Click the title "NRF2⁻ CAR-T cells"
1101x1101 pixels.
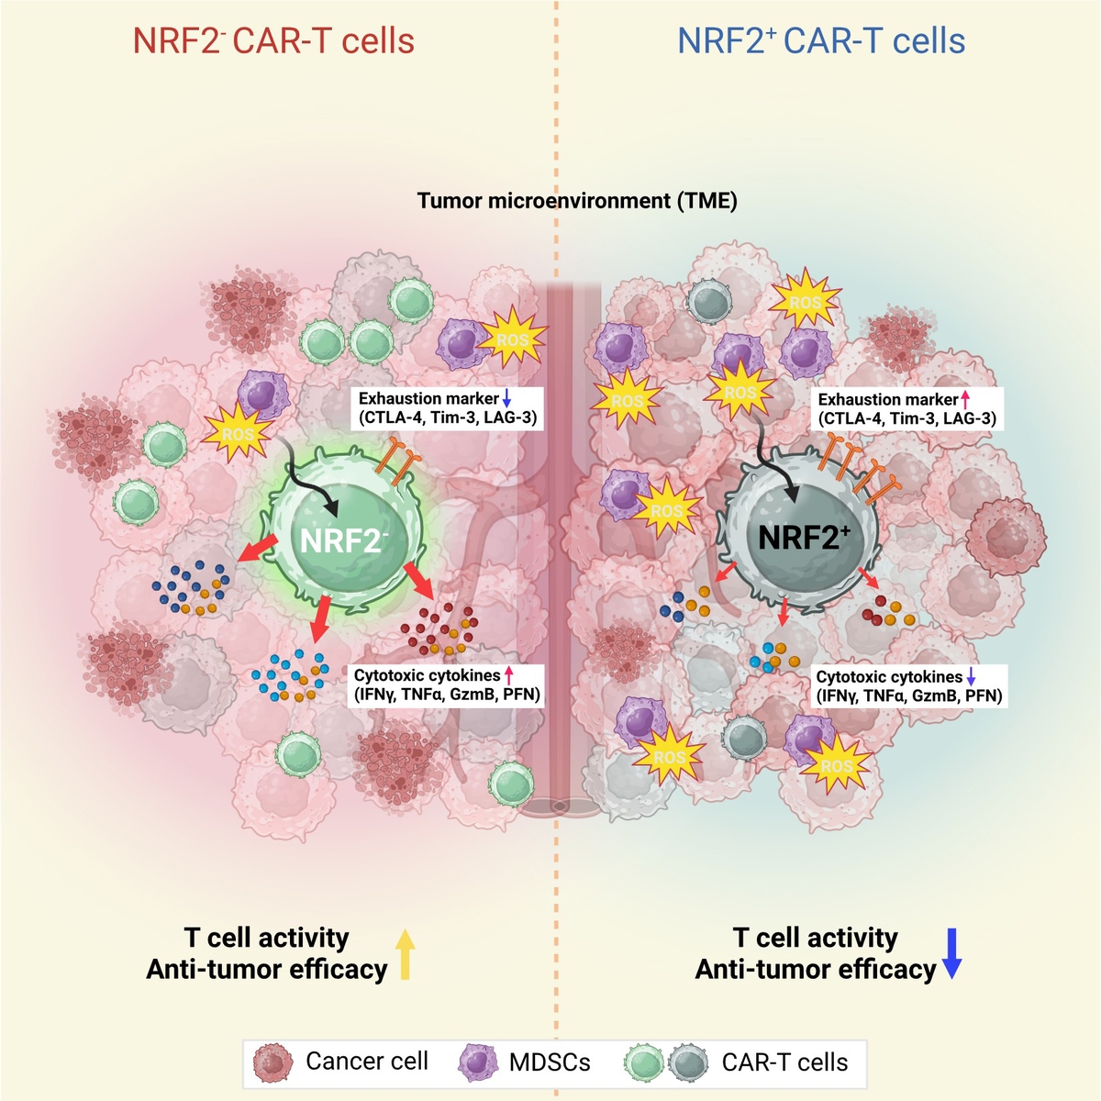tap(273, 41)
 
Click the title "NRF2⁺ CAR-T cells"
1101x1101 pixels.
tap(821, 41)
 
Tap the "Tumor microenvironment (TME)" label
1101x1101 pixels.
tap(577, 200)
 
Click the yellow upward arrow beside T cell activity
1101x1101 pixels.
tap(405, 954)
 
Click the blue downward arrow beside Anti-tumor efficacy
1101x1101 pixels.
tap(951, 954)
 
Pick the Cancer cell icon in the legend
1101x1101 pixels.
tap(272, 1062)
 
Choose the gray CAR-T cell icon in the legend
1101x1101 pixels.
tap(688, 1063)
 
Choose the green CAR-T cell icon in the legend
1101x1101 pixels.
tap(644, 1063)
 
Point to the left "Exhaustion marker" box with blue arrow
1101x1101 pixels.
tap(448, 408)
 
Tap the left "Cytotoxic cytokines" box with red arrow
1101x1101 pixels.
tap(448, 685)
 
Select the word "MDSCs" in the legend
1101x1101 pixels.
tap(550, 1062)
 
